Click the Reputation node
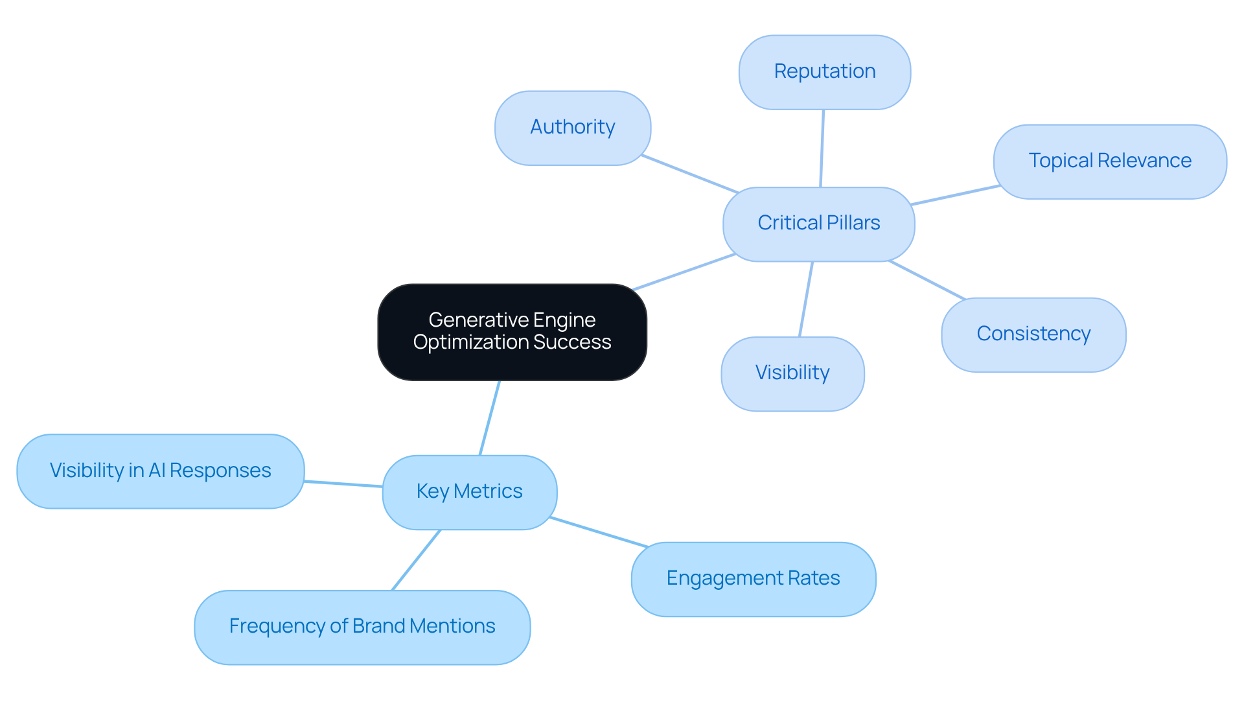pos(824,72)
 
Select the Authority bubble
pos(572,128)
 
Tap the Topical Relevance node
pos(1109,161)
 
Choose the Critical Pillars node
pos(818,224)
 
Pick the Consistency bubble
pos(1033,334)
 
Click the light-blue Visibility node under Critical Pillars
pos(792,373)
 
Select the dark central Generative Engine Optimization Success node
pos(512,331)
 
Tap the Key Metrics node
pos(469,492)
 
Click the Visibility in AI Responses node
pos(160,471)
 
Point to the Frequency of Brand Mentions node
pos(362,627)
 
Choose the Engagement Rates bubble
pos(753,579)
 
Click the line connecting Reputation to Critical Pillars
pos(822,148)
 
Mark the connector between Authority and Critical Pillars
pos(689,174)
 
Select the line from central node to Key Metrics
pos(490,417)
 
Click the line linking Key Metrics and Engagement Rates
pos(598,532)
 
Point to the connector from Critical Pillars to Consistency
pos(927,280)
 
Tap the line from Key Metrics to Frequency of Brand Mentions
pos(416,560)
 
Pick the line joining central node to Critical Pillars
pos(684,272)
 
